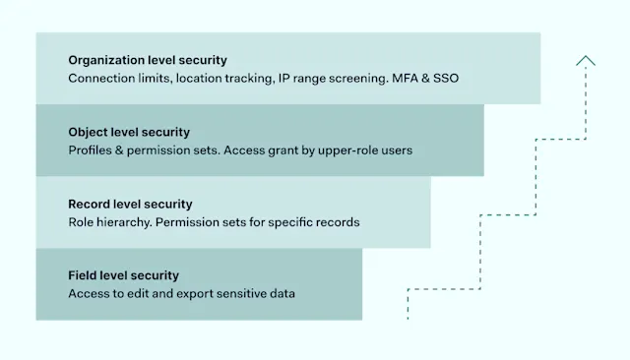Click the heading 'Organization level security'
[x=148, y=60]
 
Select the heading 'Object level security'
[x=129, y=132]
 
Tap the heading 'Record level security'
[x=130, y=204]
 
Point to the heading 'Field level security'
[x=124, y=275]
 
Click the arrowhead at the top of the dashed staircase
[x=586, y=61]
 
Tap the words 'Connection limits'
[x=119, y=78]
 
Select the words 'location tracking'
[x=224, y=78]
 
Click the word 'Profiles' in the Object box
[x=92, y=150]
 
